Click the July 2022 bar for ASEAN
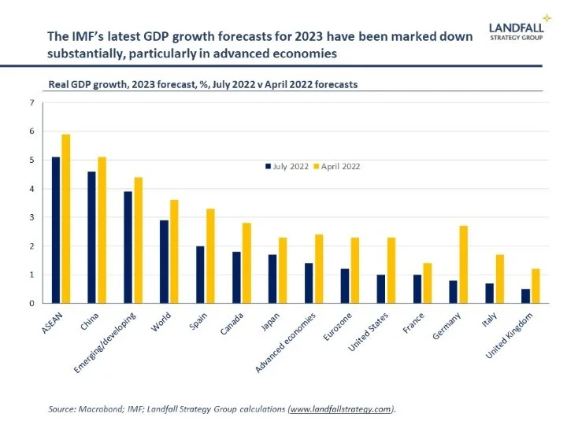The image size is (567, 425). (55, 230)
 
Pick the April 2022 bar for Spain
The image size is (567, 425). (211, 256)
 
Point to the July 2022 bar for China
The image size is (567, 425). (91, 237)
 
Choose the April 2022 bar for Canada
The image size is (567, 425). (247, 263)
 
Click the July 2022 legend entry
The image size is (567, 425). (286, 165)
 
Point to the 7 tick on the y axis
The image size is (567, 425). (31, 102)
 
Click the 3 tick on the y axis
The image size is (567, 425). (31, 217)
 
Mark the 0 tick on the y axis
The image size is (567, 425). (31, 303)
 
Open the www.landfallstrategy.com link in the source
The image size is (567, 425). (342, 408)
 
